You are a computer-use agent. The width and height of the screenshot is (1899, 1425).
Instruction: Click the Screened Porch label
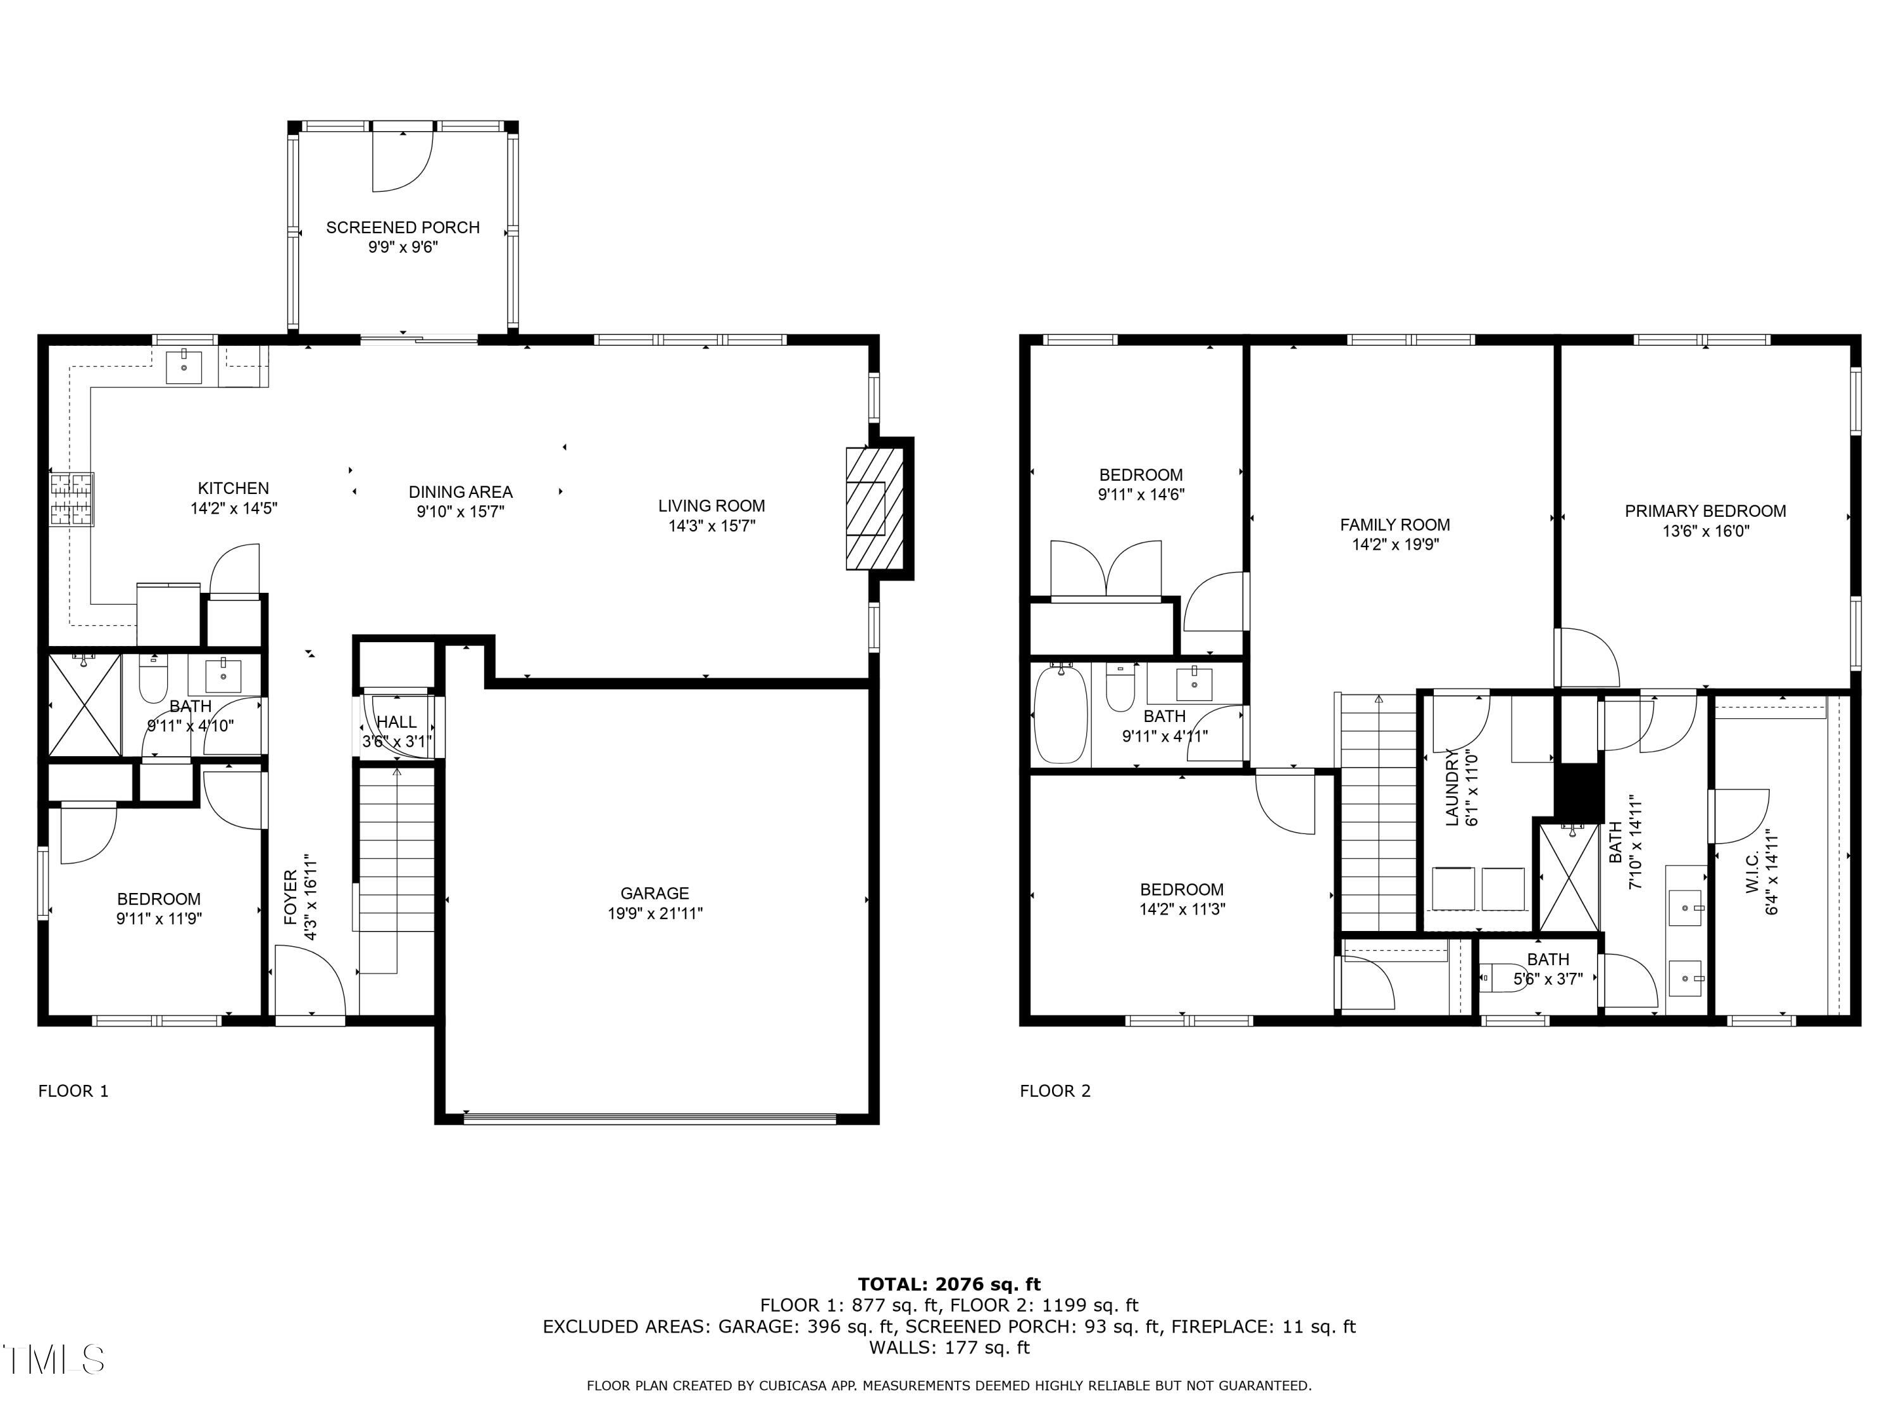coord(402,227)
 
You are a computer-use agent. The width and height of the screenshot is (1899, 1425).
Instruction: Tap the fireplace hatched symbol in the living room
coord(874,509)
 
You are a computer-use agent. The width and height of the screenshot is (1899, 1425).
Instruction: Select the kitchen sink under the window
coord(184,367)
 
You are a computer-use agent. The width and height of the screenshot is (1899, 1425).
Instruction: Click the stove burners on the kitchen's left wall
coord(72,499)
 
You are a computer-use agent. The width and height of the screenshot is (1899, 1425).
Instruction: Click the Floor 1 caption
coord(73,1091)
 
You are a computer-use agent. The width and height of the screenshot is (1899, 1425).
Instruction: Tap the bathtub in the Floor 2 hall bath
coord(1060,714)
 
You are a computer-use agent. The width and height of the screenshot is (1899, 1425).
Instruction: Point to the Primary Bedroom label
coord(1704,511)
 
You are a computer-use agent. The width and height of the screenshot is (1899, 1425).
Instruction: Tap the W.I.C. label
coord(1752,872)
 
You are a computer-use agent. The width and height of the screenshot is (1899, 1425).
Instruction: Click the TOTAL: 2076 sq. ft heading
coord(949,1284)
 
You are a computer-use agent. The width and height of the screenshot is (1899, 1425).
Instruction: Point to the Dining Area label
coord(460,492)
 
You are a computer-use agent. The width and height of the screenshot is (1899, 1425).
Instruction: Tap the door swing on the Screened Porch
coord(402,161)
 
